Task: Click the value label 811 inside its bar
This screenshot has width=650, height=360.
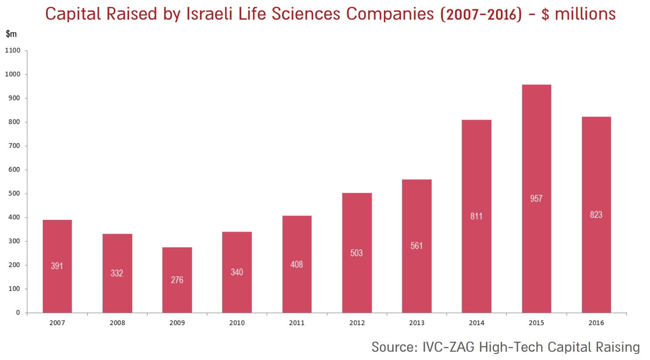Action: click(x=476, y=216)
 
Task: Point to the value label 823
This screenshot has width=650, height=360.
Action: click(x=596, y=215)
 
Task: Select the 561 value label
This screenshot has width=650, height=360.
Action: click(x=417, y=246)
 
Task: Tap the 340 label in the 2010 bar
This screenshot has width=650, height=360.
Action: click(x=237, y=272)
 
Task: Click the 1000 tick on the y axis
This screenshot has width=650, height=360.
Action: click(x=13, y=74)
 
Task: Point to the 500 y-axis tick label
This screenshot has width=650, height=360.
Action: click(x=14, y=193)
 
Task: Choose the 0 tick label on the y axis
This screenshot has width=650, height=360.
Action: click(x=18, y=312)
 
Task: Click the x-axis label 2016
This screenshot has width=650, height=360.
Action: click(x=596, y=323)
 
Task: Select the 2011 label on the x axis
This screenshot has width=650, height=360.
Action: click(x=297, y=323)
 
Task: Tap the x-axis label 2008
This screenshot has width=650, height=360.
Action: click(x=117, y=323)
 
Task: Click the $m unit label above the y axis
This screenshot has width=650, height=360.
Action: click(x=11, y=34)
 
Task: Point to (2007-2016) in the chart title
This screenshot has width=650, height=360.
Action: click(x=481, y=14)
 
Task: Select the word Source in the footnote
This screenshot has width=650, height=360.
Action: click(x=393, y=347)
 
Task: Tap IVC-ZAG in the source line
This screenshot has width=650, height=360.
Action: click(x=448, y=347)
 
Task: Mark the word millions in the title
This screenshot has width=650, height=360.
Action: click(x=585, y=14)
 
